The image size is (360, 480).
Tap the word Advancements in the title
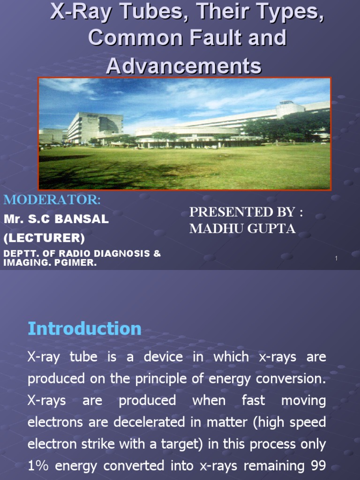tap(183, 66)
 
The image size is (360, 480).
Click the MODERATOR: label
tap(52, 200)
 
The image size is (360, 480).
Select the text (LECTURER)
tap(44, 238)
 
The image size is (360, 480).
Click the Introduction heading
tap(84, 328)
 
